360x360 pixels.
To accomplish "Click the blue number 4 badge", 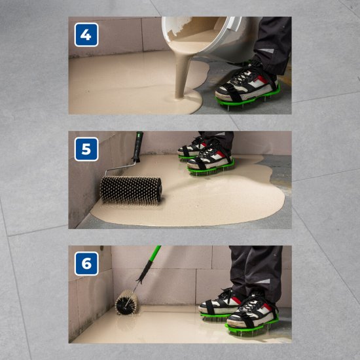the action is [x=86, y=35].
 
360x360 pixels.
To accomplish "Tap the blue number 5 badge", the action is [x=86, y=149].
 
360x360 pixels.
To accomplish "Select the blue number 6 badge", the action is [x=86, y=263].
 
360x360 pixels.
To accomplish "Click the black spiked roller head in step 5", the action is [x=131, y=190].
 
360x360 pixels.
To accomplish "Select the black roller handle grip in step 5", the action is [x=137, y=147].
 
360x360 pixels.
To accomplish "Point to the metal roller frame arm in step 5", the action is [x=120, y=168].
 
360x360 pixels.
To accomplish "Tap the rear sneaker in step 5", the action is [x=192, y=147].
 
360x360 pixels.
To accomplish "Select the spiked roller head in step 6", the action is [x=126, y=302].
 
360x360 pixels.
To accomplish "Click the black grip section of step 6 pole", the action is [x=144, y=271].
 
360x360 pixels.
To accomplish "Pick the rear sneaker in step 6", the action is [x=220, y=301].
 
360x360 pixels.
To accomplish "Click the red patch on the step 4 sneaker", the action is [x=262, y=79].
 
